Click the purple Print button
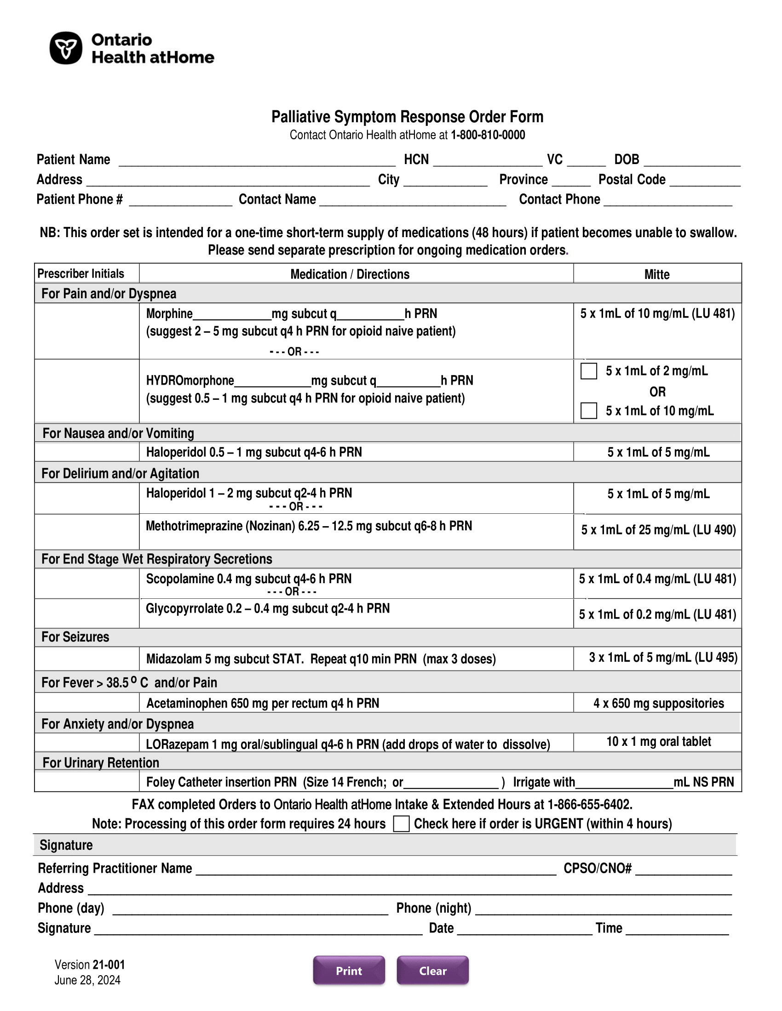click(349, 970)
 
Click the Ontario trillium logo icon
click(66, 48)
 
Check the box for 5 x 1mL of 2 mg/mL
click(588, 371)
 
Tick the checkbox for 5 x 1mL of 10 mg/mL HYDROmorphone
click(588, 410)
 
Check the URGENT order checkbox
click(401, 824)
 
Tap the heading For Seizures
click(75, 637)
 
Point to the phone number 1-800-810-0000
click(488, 135)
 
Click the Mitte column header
click(656, 274)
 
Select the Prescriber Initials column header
click(80, 273)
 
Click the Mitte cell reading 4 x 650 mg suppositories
click(658, 703)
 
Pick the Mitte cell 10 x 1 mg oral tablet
click(658, 742)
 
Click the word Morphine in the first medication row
click(169, 314)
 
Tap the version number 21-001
click(109, 965)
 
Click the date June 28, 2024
click(87, 980)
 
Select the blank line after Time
click(677, 930)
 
